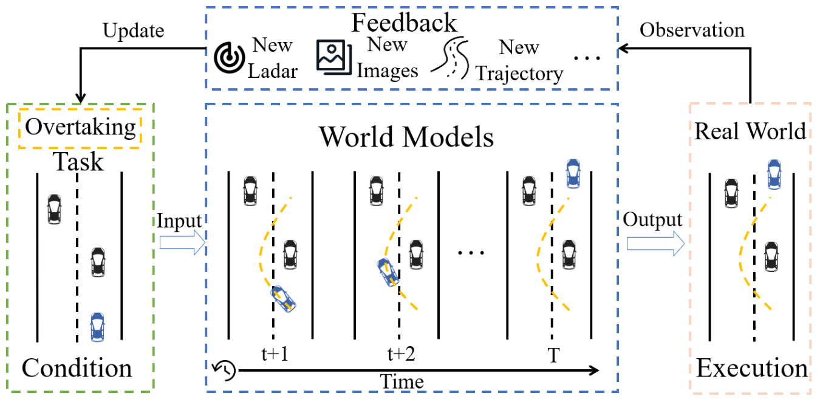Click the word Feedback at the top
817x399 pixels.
(404, 23)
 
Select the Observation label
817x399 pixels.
(692, 30)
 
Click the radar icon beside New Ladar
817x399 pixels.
(229, 57)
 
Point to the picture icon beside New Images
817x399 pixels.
(333, 57)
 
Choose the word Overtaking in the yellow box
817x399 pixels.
(80, 127)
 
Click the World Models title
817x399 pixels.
(406, 137)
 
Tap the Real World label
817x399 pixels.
(750, 131)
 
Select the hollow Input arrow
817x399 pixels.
(182, 243)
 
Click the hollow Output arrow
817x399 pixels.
(656, 243)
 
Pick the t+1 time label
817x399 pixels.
(275, 354)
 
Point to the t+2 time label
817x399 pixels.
(401, 354)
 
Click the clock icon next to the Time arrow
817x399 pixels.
(224, 370)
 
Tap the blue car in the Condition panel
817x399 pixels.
(97, 327)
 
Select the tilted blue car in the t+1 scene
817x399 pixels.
(283, 299)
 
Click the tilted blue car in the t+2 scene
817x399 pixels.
(388, 272)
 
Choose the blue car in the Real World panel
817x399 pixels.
(774, 175)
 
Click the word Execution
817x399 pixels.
(752, 368)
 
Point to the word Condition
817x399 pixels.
(77, 368)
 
